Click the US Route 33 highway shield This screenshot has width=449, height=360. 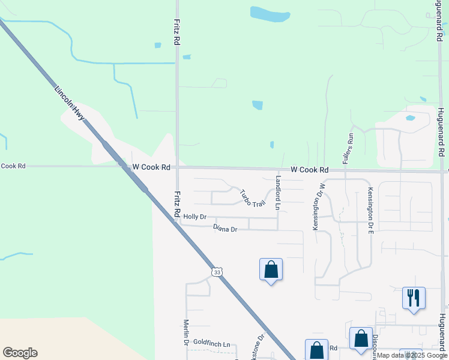pos(217,272)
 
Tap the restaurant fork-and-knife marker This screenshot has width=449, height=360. pos(414,297)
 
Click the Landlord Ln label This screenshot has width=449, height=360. pos(278,192)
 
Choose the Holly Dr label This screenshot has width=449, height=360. pos(195,217)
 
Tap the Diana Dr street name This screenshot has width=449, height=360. pos(225,229)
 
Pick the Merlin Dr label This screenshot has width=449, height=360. pos(186,332)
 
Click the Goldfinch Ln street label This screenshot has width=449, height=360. pos(211,344)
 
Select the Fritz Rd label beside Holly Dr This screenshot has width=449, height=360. pos(178,204)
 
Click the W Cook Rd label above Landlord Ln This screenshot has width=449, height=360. pos(310,170)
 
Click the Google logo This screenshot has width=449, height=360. pos(20,352)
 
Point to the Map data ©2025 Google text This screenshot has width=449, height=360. pos(412,355)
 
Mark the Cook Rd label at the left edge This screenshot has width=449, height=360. pos(13,166)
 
